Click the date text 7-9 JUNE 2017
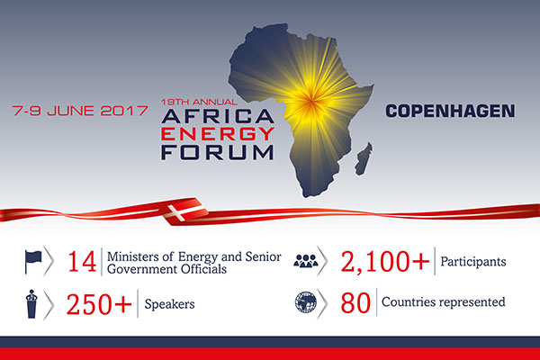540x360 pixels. (x=80, y=111)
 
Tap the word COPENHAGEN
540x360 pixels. (x=450, y=111)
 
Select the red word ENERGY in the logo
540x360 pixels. (x=218, y=134)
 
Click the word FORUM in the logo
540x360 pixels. (x=217, y=152)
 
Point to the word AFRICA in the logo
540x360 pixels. (x=218, y=116)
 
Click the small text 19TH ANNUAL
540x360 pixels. (x=199, y=102)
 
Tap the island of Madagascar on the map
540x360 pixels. (x=364, y=158)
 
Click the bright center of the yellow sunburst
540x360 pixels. (x=310, y=101)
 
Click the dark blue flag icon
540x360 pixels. (x=33, y=262)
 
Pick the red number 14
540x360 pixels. (x=82, y=262)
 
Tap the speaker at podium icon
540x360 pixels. (x=31, y=304)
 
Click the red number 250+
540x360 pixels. (x=99, y=304)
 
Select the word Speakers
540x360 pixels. (x=169, y=304)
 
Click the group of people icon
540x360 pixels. (x=306, y=261)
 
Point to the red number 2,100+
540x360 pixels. (x=385, y=262)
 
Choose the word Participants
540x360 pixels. (x=473, y=262)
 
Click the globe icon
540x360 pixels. (x=306, y=302)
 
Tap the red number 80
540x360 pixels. (x=355, y=303)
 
